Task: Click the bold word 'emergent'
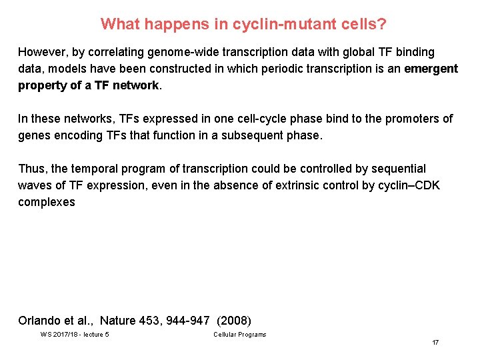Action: click(x=431, y=69)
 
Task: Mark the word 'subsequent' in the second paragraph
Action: click(x=257, y=135)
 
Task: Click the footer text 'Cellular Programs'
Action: click(x=239, y=334)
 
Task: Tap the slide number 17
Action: click(x=435, y=343)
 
